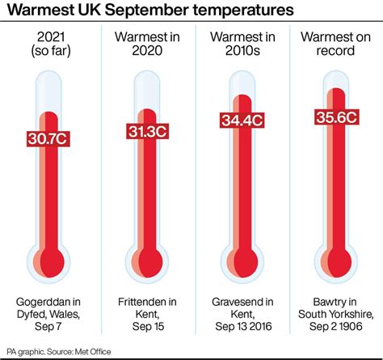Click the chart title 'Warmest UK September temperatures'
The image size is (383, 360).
tap(145, 12)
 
